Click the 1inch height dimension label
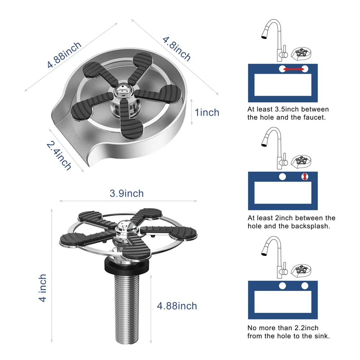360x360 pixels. (207, 112)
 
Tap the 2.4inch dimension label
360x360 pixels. (59, 156)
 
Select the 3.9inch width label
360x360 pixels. (126, 193)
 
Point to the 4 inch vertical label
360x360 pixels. (42, 288)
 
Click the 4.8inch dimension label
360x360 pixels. (176, 49)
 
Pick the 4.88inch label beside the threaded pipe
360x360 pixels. (177, 306)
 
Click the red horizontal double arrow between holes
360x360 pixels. (294, 69)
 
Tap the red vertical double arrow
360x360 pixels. (305, 176)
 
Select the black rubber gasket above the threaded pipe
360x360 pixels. (127, 266)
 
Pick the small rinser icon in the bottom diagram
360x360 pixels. (301, 270)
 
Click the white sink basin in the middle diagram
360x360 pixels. (283, 193)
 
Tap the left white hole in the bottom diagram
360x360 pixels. (282, 286)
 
